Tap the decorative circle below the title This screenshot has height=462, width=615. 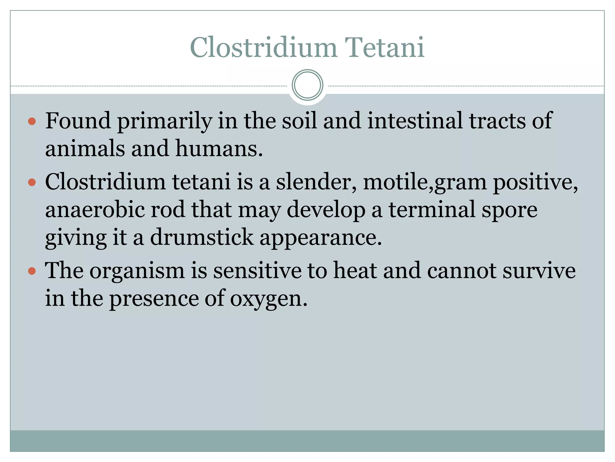(307, 85)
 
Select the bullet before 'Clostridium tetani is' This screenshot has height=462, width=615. (32, 182)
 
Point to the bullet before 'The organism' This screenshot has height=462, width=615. (32, 271)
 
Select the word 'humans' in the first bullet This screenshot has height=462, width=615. (217, 149)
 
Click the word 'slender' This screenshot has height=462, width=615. (316, 182)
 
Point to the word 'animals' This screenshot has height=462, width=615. (85, 149)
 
